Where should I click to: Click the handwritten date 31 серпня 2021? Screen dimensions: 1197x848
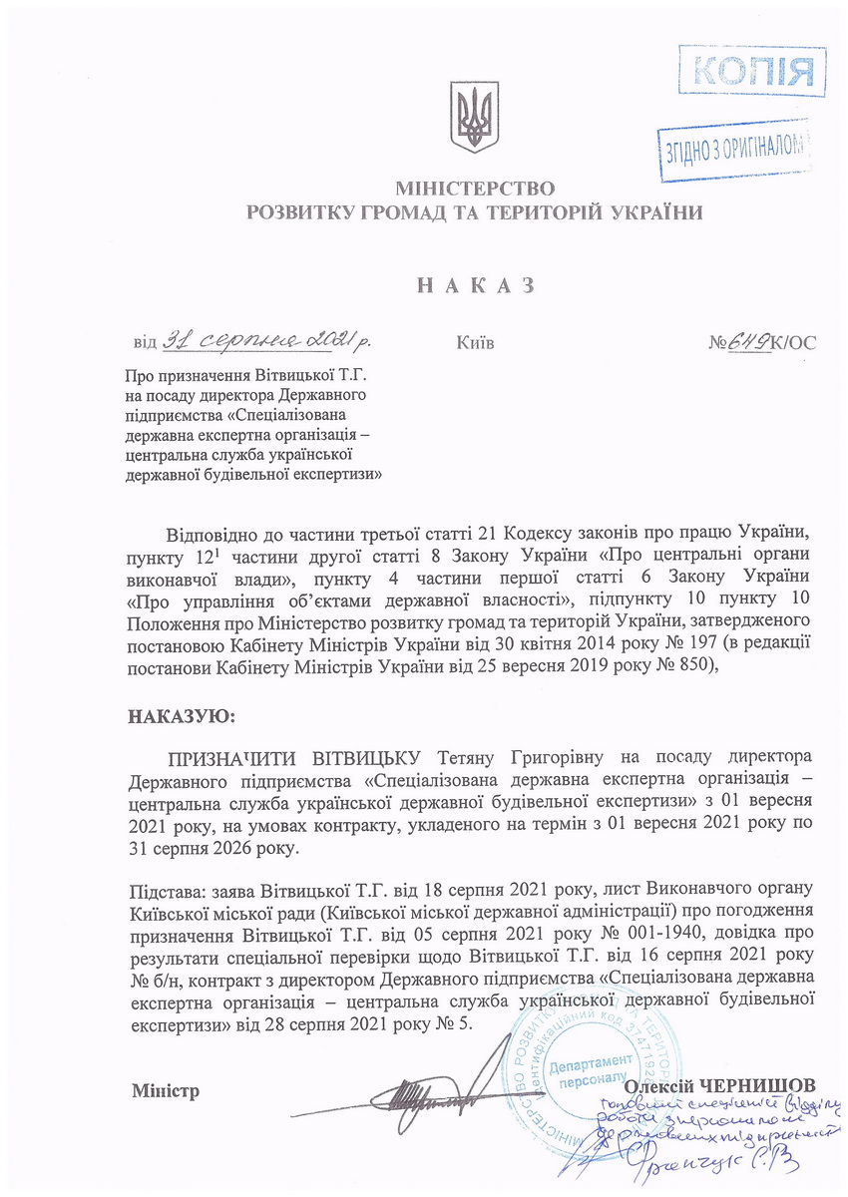point(264,340)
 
